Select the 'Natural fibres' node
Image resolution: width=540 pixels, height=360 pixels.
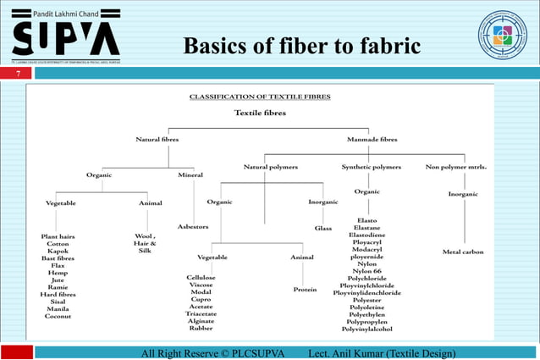[x=157, y=139]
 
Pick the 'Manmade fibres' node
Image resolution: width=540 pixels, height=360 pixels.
[x=373, y=139]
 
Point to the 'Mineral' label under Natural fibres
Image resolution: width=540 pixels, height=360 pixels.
[x=190, y=174]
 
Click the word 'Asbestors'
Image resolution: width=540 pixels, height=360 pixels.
[x=193, y=227]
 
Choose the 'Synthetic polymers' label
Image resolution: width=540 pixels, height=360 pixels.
[x=371, y=167]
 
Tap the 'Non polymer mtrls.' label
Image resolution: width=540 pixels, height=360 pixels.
[x=457, y=167]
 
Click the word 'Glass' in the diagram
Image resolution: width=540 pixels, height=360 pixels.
[x=323, y=228]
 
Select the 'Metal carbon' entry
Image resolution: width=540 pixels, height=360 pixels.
[x=463, y=252]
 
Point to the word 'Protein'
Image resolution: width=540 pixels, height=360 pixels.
[x=305, y=289]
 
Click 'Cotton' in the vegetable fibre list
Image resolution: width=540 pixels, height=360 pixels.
[x=58, y=243]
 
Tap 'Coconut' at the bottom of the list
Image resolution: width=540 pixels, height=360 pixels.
[x=58, y=315]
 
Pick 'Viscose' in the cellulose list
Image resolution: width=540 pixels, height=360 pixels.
[x=201, y=285]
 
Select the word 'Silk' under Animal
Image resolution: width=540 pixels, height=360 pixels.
[x=144, y=251]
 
